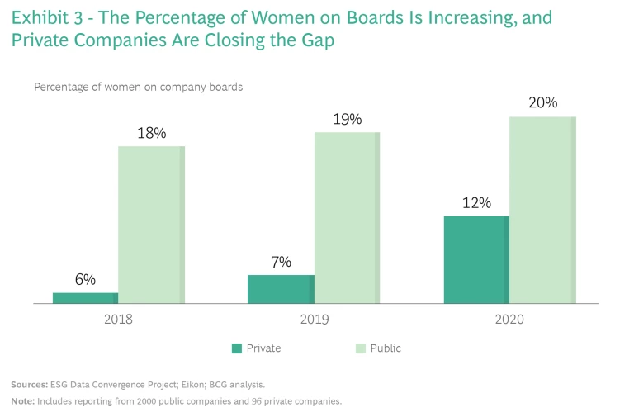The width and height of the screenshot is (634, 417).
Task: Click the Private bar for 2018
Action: click(85, 298)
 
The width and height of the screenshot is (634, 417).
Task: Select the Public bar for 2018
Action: click(151, 225)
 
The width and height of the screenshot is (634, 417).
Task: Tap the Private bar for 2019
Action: click(281, 289)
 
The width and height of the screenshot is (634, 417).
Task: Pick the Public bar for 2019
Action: click(347, 217)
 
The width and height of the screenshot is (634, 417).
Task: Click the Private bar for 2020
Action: click(476, 259)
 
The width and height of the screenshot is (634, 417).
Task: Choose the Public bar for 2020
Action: click(542, 210)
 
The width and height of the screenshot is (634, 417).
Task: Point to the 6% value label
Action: click(85, 280)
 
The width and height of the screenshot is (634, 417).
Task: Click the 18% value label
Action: click(151, 133)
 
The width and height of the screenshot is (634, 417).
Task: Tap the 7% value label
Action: click(281, 262)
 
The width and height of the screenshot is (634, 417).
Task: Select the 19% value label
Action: click(347, 119)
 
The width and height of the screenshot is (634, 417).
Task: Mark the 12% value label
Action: click(476, 203)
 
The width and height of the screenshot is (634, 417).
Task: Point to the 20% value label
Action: click(542, 103)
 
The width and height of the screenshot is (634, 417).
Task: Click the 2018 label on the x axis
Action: click(118, 319)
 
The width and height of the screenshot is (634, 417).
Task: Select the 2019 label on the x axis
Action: click(314, 319)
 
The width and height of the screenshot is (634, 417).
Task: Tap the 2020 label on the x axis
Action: click(509, 319)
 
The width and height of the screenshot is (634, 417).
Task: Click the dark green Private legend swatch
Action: click(237, 348)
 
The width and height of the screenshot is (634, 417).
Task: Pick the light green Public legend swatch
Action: click(360, 348)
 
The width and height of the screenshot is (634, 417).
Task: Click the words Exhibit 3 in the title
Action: click(46, 17)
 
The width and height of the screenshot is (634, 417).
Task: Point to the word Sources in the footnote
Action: click(29, 385)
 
